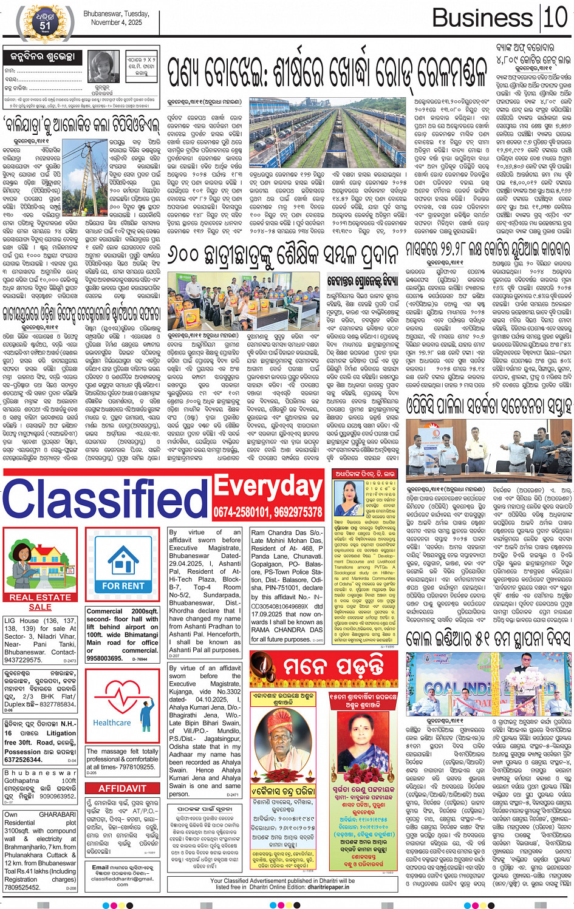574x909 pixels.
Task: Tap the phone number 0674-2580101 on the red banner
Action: click(241, 512)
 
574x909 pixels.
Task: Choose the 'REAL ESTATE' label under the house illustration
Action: click(40, 597)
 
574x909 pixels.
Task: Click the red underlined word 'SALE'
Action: click(40, 607)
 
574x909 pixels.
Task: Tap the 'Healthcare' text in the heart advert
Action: click(112, 723)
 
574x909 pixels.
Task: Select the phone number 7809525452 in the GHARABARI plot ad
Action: click(23, 887)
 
